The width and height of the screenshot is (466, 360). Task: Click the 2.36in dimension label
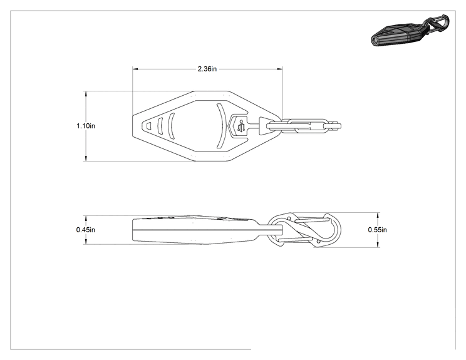[x=207, y=69]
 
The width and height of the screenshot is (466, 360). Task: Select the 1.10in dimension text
[x=86, y=126]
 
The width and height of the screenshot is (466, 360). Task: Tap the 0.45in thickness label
[x=86, y=230]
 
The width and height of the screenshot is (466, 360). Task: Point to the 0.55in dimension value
[x=378, y=230]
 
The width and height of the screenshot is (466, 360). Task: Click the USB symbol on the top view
[x=241, y=126]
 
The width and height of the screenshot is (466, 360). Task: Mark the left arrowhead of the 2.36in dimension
[x=135, y=69]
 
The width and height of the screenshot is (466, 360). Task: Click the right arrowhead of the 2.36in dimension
[x=280, y=69]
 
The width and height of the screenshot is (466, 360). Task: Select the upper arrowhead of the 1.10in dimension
[x=86, y=94]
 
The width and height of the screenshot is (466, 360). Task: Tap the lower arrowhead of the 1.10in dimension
[x=86, y=158]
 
